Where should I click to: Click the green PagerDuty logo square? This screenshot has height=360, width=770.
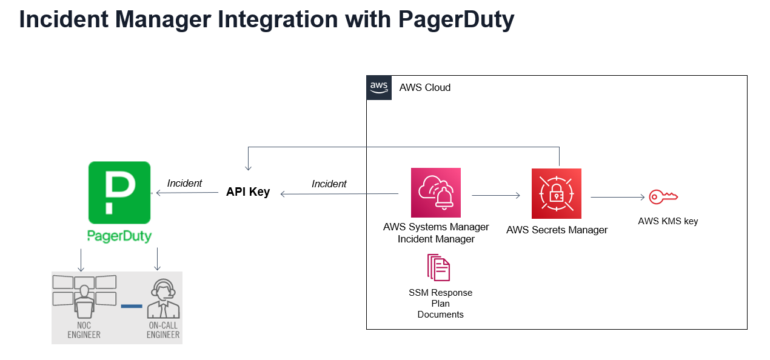pos(119,192)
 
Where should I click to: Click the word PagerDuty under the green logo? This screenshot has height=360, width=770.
pos(119,236)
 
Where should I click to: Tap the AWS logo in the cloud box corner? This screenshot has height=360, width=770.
pos(379,87)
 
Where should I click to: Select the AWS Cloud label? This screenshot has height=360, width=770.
pos(424,87)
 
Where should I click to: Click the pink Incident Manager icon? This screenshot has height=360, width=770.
pos(435,193)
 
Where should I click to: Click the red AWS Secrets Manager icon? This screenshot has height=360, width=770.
pos(556,193)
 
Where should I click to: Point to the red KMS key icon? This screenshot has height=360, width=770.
pos(663,196)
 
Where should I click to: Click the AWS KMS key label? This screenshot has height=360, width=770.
pos(668,221)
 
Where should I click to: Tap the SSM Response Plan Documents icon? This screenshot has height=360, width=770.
pos(439,267)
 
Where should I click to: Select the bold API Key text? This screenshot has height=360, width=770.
pos(247,192)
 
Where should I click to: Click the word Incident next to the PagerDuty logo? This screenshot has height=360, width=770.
pos(184,183)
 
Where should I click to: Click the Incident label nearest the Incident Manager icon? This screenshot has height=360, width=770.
pos(329,184)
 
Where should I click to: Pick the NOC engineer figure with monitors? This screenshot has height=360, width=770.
pos(84,297)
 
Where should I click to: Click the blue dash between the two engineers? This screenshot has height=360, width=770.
pos(131,306)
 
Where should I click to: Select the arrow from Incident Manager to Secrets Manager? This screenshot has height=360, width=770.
pos(495,195)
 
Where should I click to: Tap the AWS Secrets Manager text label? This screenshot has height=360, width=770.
pos(557,230)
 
